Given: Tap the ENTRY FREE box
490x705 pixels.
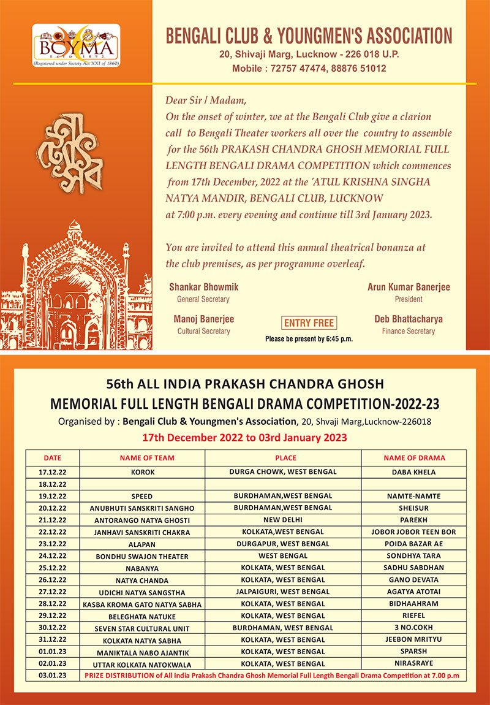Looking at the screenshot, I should [x=309, y=323].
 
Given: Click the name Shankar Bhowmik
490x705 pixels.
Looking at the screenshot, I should [x=203, y=287].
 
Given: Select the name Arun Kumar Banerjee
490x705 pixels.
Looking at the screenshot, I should [x=409, y=287].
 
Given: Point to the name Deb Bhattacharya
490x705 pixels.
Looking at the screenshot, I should [x=409, y=319].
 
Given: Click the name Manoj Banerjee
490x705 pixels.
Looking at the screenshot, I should [x=203, y=319].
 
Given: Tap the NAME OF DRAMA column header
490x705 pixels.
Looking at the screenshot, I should [x=414, y=458].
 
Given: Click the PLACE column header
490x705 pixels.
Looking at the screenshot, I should [x=285, y=458].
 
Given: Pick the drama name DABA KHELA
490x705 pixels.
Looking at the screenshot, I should [x=413, y=473].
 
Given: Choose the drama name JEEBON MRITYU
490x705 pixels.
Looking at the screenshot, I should [x=413, y=639].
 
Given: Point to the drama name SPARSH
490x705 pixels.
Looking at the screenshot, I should [x=413, y=652].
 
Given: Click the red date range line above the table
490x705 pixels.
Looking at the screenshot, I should [x=245, y=438].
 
